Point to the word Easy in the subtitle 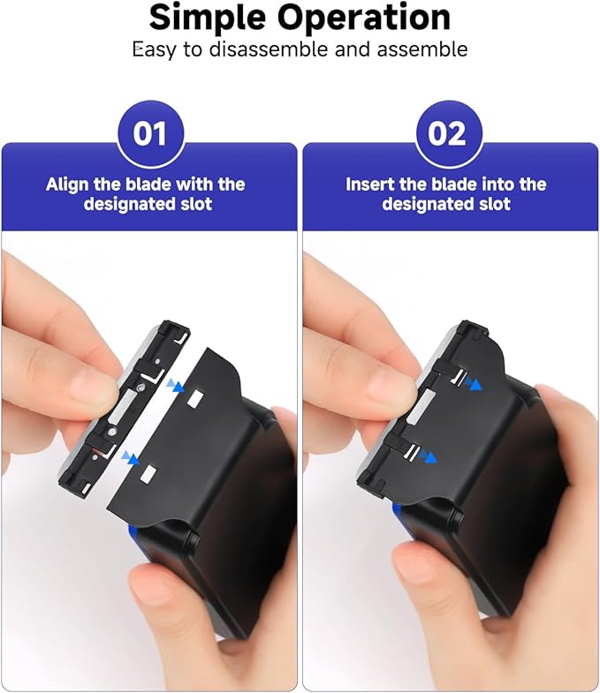[x=156, y=49]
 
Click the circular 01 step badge [x=149, y=134]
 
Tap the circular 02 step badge [x=448, y=134]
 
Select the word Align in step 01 [x=67, y=185]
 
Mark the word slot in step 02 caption [x=494, y=204]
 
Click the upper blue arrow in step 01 [x=177, y=386]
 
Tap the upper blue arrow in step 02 [x=475, y=384]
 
